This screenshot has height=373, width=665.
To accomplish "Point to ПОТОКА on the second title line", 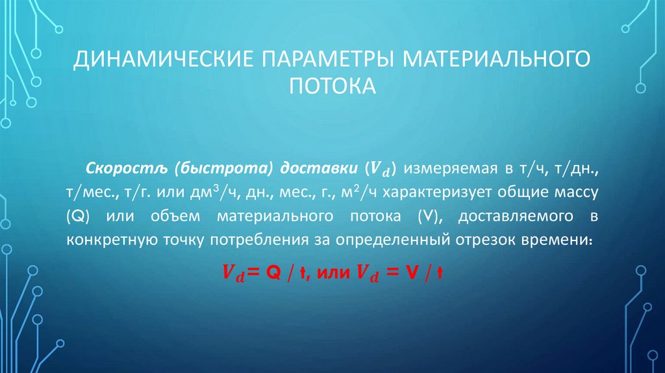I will tap(332, 85).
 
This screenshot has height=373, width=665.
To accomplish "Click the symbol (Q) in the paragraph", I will tap(77, 216).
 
